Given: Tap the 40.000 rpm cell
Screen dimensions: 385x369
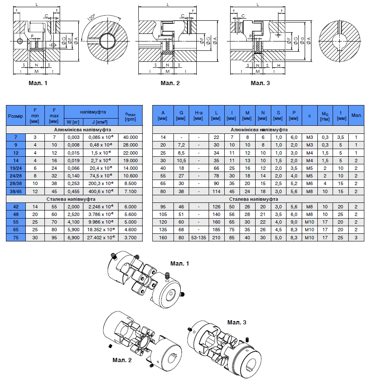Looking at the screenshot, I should (x=131, y=137).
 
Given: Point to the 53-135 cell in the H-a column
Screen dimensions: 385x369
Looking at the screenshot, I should (x=198, y=237).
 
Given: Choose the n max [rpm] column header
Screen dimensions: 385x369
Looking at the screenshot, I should (x=131, y=115).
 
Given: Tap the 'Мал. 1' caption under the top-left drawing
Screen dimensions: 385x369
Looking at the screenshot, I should (x=38, y=83).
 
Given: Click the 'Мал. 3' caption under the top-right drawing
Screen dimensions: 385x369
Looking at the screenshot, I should (x=260, y=83).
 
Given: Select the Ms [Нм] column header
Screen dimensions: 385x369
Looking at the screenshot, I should (x=325, y=115).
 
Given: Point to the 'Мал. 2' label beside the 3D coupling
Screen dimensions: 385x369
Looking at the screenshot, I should (x=122, y=360).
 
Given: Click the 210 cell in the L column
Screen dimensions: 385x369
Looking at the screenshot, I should (x=216, y=237).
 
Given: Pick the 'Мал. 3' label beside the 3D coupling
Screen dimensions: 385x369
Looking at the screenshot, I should (x=237, y=322).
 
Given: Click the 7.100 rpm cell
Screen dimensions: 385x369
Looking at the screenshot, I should (x=131, y=191).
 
